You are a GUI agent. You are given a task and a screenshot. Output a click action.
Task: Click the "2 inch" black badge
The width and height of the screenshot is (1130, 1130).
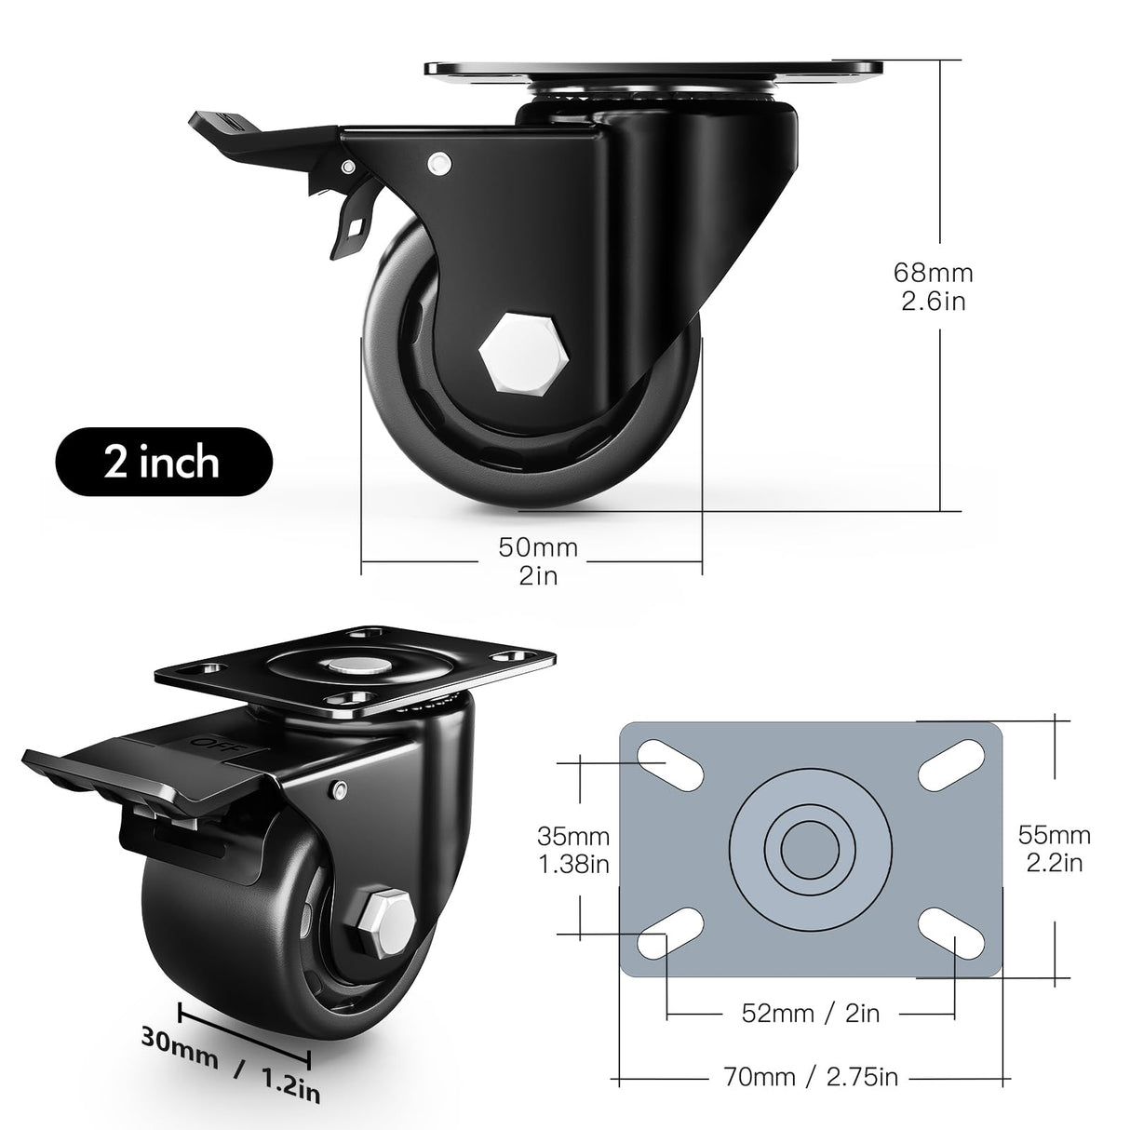163,463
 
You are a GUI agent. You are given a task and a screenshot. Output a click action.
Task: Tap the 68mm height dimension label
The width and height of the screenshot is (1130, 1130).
933,287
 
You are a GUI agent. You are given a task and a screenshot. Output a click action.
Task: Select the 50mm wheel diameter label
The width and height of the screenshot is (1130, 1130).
538,561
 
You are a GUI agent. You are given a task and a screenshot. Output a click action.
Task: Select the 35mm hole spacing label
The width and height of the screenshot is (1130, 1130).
573,851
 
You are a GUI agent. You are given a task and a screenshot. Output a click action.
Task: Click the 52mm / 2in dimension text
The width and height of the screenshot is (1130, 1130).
809,1013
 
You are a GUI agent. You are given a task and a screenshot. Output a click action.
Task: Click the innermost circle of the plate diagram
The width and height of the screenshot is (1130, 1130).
811,849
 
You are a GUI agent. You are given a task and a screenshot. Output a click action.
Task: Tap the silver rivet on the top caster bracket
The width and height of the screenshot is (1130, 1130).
439,164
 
